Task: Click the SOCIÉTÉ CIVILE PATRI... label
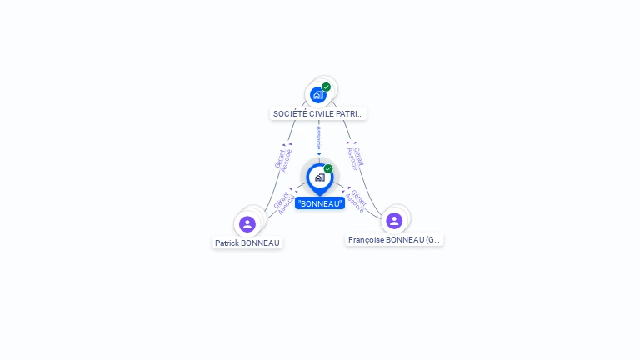point(318,113)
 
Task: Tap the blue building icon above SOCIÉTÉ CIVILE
point(317,95)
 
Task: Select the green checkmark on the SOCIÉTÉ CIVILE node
point(326,87)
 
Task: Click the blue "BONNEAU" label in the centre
point(319,203)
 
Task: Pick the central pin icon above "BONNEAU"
point(319,177)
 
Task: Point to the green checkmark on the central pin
point(328,169)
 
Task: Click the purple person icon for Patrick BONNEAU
point(247,224)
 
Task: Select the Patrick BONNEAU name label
point(247,243)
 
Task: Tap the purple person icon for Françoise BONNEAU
point(394,221)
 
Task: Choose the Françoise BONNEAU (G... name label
point(394,240)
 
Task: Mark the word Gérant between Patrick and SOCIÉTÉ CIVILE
point(279,157)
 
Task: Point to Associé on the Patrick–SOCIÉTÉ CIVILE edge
point(287,160)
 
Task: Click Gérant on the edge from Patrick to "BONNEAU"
point(280,200)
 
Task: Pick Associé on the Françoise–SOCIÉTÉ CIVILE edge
point(352,159)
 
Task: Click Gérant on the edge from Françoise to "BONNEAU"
point(359,197)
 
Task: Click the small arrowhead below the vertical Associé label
point(319,153)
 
